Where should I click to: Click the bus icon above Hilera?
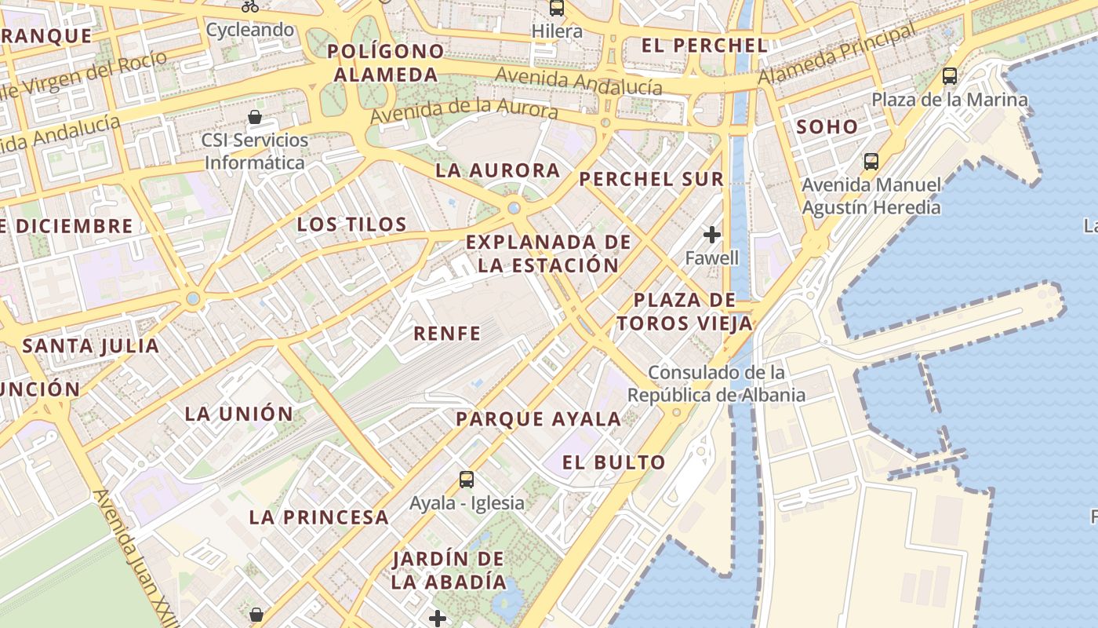[557, 9]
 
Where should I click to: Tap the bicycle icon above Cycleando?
[250, 6]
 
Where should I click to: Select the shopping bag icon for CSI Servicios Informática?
[255, 118]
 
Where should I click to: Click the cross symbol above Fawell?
[712, 234]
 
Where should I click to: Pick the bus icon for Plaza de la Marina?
[950, 76]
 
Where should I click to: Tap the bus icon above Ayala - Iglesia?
[467, 479]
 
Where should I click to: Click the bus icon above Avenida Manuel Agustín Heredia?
[871, 162]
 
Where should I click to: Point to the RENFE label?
[447, 333]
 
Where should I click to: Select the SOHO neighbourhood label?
[827, 126]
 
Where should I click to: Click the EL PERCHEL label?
[704, 46]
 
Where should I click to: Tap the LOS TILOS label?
[351, 225]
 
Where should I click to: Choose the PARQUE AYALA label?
[539, 419]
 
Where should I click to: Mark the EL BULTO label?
[614, 462]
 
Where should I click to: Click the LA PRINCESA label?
[319, 517]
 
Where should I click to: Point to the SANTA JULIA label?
[91, 345]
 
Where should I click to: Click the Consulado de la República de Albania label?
[717, 383]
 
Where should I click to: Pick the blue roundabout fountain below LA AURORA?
[514, 208]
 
